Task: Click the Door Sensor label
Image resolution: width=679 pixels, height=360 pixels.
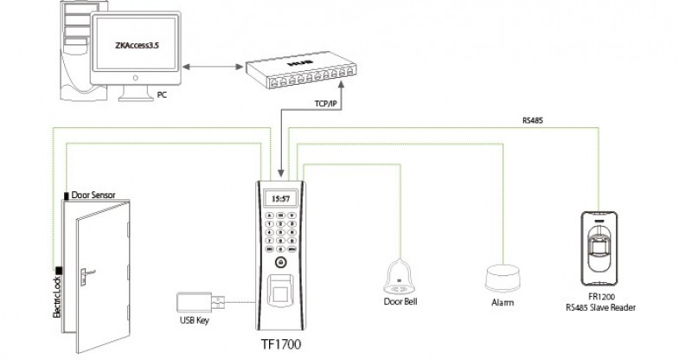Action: point(94,196)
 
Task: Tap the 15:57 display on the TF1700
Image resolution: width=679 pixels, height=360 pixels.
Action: point(281,198)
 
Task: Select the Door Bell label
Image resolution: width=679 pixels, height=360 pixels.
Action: point(400,302)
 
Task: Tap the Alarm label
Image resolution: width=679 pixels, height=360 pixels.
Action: point(503,304)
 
